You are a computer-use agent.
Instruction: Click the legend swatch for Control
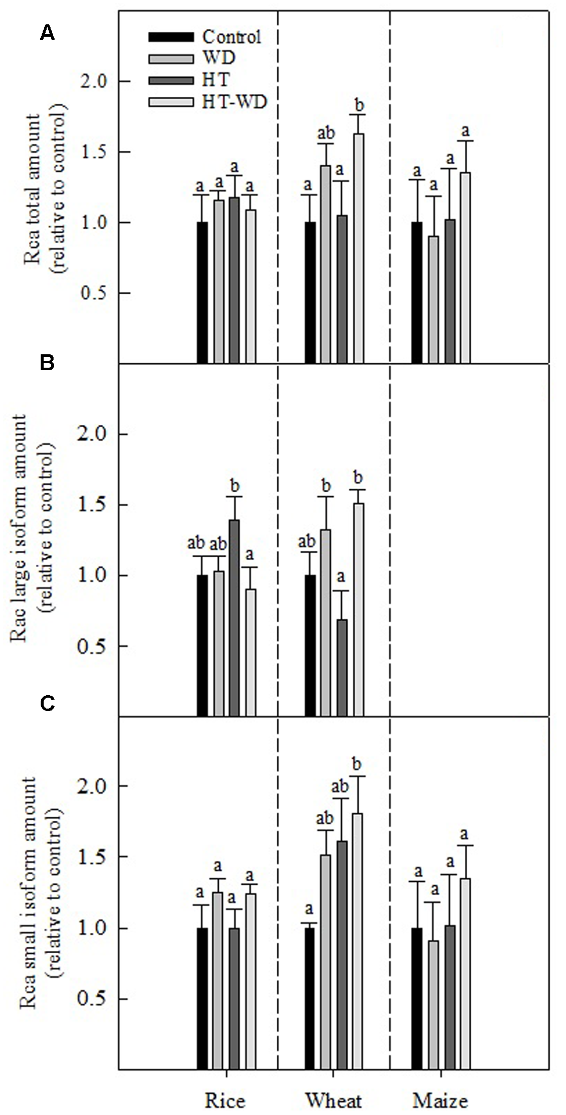(x=171, y=37)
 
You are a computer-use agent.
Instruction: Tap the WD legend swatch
(x=171, y=59)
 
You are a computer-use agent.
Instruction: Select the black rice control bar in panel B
(x=202, y=645)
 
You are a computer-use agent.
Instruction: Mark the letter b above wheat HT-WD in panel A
(x=360, y=106)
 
